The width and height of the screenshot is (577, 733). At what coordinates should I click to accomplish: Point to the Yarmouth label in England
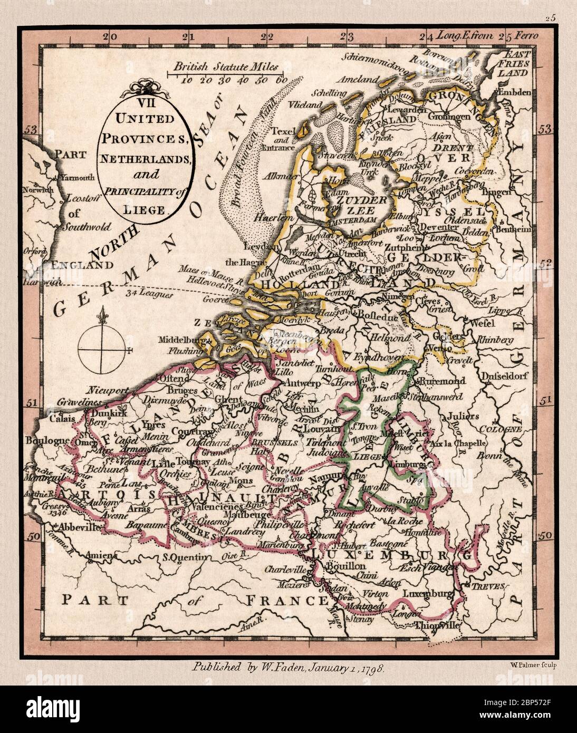point(78,177)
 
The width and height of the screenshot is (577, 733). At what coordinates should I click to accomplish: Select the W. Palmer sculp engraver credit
point(534,664)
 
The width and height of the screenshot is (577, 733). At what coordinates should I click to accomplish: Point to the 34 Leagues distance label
point(150,294)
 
